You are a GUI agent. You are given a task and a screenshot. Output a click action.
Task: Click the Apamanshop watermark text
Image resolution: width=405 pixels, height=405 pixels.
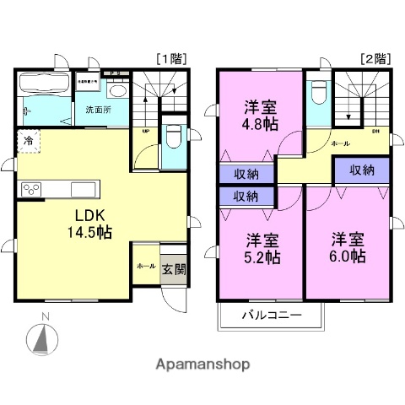pyautogui.click(x=203, y=364)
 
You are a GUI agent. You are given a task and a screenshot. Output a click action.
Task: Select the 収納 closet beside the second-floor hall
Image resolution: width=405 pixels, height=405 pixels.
pyautogui.click(x=361, y=170)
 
